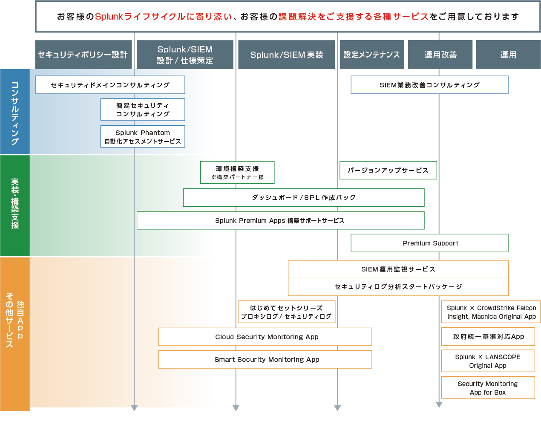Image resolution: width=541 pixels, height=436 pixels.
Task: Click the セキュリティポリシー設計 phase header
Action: pyautogui.click(x=83, y=55)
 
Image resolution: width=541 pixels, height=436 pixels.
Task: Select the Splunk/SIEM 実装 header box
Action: pyautogui.click(x=286, y=55)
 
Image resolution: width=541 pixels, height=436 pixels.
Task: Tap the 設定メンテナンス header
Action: pyautogui.click(x=372, y=55)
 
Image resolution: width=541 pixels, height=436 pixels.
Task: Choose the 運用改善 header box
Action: pyautogui.click(x=440, y=55)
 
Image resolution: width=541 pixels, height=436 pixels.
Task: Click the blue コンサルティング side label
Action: pyautogui.click(x=15, y=112)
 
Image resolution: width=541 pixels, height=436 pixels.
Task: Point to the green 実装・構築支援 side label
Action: pyautogui.click(x=15, y=205)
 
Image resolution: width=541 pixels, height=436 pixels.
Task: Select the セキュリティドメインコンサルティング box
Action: pyautogui.click(x=110, y=85)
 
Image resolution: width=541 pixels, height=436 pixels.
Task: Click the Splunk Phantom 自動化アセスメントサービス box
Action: pyautogui.click(x=143, y=137)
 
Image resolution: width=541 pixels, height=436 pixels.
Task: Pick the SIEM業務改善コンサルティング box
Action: pyautogui.click(x=429, y=85)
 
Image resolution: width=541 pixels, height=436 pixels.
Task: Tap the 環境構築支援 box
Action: pyautogui.click(x=237, y=172)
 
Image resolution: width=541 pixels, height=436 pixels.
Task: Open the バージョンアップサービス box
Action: pyautogui.click(x=388, y=170)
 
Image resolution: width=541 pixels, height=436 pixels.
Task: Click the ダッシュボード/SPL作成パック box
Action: pyautogui.click(x=304, y=197)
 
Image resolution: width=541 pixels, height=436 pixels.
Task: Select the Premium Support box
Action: pyautogui.click(x=429, y=243)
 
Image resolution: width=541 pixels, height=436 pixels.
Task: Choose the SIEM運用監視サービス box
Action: pyautogui.click(x=398, y=269)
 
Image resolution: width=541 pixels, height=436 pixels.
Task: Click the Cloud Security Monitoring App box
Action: pyautogui.click(x=265, y=337)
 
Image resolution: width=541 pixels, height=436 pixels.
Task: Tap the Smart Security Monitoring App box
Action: pyautogui.click(x=265, y=360)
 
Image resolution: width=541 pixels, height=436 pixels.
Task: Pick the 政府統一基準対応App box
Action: pyautogui.click(x=488, y=336)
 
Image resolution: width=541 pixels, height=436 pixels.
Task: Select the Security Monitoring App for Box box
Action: pyautogui.click(x=488, y=388)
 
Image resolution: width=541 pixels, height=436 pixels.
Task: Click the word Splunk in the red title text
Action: pyautogui.click(x=109, y=17)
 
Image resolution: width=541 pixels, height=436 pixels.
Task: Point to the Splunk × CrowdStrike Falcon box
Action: pyautogui.click(x=491, y=312)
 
